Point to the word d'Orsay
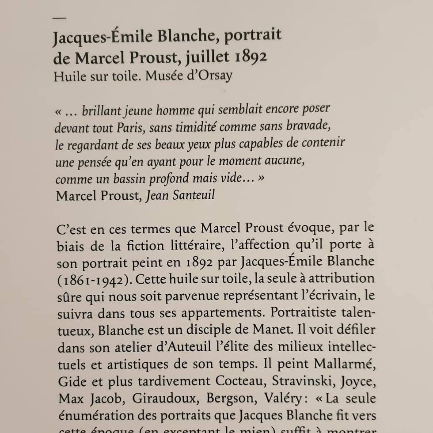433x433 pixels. [210, 76]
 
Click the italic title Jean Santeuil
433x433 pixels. [180, 195]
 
